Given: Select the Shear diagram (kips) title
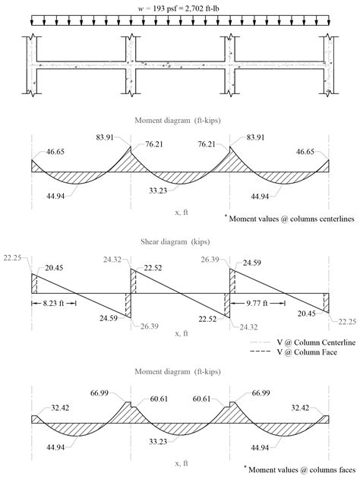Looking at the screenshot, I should click(181, 243).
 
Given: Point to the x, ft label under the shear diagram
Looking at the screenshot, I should click(181, 332).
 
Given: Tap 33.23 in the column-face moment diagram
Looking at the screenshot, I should click(181, 441).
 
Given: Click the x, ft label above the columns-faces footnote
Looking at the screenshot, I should click(181, 454).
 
